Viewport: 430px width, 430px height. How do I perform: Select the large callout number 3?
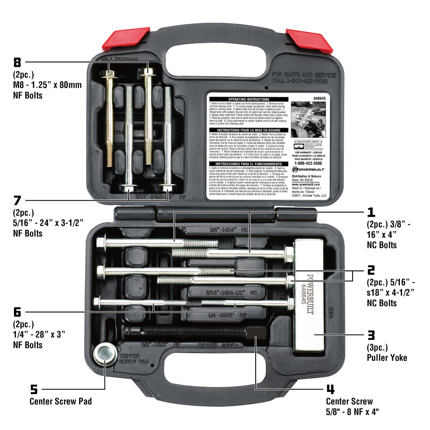click(x=371, y=335)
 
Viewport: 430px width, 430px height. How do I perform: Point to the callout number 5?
click(x=34, y=389)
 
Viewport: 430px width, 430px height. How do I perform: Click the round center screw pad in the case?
click(x=104, y=354)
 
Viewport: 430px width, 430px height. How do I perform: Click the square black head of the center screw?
click(x=256, y=332)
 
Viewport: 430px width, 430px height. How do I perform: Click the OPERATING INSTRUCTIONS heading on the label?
click(x=249, y=99)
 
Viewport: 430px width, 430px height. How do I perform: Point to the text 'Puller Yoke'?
click(x=387, y=358)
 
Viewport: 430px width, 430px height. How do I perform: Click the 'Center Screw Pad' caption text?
click(x=61, y=401)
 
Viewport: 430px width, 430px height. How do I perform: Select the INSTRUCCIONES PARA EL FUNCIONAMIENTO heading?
click(x=249, y=164)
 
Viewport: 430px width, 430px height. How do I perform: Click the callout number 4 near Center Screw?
click(x=330, y=389)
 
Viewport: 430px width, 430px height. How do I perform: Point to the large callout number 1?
click(x=371, y=212)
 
